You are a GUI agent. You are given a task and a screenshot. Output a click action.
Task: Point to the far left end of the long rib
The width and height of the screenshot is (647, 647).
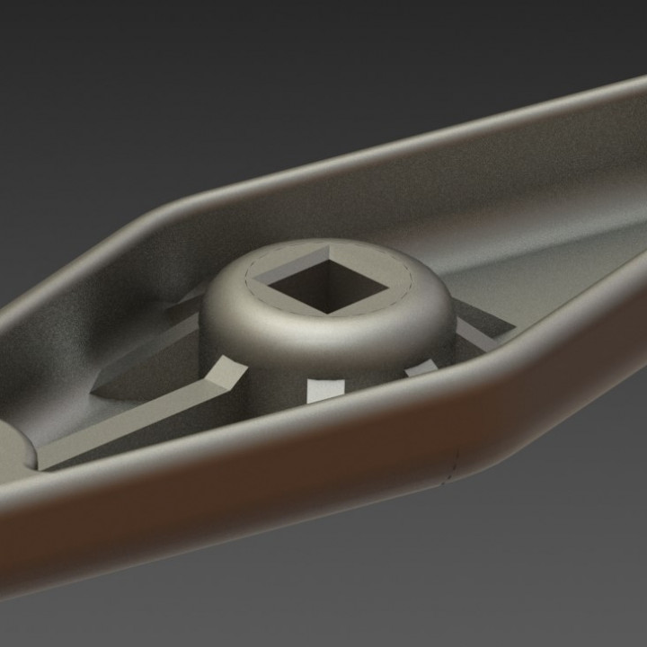[40, 465]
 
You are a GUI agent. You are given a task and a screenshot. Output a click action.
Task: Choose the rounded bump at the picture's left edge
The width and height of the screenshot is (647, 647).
[13, 449]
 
